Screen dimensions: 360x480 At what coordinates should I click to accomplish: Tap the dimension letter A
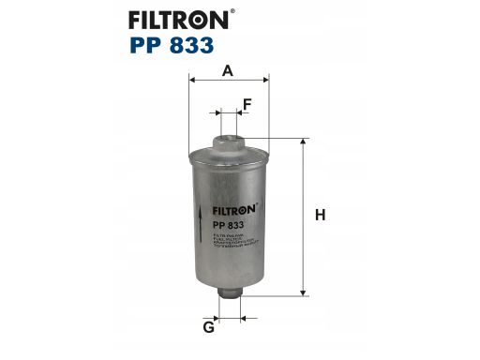coord(228,69)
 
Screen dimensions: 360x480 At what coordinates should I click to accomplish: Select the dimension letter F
coord(247,103)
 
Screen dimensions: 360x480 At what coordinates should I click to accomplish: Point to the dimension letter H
coord(320,216)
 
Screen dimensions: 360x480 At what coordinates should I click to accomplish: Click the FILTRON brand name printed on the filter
coord(233,211)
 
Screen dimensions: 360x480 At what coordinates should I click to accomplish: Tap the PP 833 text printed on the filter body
coord(230,226)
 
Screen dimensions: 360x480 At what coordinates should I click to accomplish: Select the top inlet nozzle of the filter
coord(228,142)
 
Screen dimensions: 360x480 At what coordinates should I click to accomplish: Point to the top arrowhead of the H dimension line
coord(303,142)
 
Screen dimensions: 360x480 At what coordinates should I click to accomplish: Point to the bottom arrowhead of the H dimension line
coord(303,289)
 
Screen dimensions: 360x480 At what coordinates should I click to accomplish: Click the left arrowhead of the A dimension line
coord(192,81)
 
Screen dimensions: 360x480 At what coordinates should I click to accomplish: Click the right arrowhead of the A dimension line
coord(265,81)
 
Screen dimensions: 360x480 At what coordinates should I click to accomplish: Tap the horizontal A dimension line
coord(228,81)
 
